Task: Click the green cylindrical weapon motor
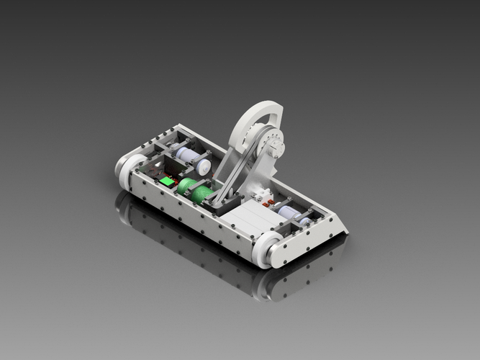(195, 191)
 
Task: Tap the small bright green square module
(168, 181)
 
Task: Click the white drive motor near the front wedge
(291, 213)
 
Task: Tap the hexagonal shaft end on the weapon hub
(278, 150)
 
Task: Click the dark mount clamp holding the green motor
(214, 201)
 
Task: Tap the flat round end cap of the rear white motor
(204, 166)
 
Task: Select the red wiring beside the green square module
(155, 174)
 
